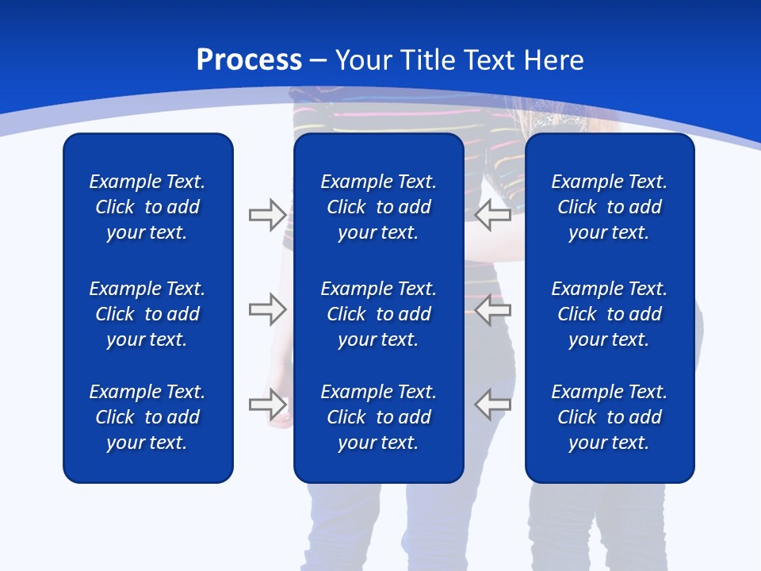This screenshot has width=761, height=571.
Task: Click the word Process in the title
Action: pos(249,60)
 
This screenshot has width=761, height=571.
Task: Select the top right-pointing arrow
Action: pos(267,215)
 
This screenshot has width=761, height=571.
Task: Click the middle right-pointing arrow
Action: pos(267,309)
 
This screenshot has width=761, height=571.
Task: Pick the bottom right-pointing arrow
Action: pos(267,404)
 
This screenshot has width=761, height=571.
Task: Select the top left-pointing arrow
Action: pos(492,215)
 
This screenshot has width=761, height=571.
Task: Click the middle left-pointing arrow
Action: pos(492,309)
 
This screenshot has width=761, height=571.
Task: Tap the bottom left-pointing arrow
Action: pos(492,404)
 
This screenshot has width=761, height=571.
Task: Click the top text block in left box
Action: pos(147,207)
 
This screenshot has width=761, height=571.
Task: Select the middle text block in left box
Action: pos(147,314)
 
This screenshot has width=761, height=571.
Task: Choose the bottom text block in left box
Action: pos(147,417)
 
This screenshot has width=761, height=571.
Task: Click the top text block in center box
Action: pos(378,207)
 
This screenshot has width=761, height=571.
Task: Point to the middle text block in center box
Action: pos(378,314)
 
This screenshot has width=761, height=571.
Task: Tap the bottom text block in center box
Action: pos(378,417)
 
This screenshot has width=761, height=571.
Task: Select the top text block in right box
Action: pos(609,207)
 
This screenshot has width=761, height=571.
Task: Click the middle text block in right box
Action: pos(609,314)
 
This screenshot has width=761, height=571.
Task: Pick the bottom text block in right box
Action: pos(609,417)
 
